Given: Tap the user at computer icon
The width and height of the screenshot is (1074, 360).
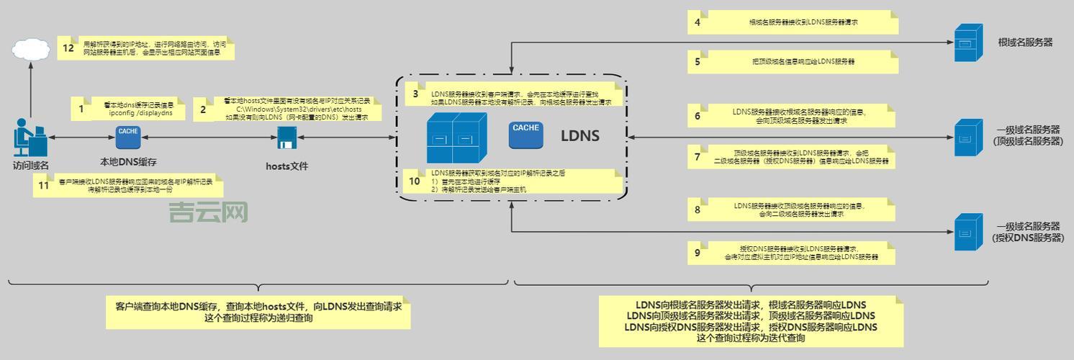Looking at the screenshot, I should (x=30, y=138).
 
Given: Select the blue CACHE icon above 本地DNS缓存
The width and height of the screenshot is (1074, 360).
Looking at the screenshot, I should (x=128, y=135).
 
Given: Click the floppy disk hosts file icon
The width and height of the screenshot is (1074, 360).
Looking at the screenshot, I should (x=286, y=137).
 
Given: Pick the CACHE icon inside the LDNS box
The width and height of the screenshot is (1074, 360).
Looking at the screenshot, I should (x=526, y=134).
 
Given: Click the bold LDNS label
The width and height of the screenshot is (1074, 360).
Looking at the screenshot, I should (x=580, y=135).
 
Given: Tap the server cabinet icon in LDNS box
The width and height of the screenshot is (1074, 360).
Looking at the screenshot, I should (x=452, y=138).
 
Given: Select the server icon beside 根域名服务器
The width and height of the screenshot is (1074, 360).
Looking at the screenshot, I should (x=967, y=42).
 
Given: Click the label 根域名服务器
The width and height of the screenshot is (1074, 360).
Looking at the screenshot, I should (x=1025, y=42).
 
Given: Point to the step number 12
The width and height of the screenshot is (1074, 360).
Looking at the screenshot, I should (x=68, y=48).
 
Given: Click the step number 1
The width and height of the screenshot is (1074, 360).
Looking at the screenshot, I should (x=81, y=109).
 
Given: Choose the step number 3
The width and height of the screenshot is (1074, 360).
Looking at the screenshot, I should (x=415, y=94).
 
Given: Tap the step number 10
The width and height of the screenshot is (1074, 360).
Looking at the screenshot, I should (x=414, y=181).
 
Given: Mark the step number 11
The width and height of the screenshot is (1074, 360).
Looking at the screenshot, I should (x=44, y=186).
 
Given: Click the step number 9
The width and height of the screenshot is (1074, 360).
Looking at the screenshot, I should (x=697, y=253).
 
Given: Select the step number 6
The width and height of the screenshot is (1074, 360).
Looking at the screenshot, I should (x=697, y=116).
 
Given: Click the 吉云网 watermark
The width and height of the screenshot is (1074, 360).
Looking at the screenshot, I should (x=208, y=212).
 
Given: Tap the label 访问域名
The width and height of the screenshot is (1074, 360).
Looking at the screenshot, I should (x=30, y=166).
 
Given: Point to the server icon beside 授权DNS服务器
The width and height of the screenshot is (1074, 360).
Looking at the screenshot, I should (x=967, y=232).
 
